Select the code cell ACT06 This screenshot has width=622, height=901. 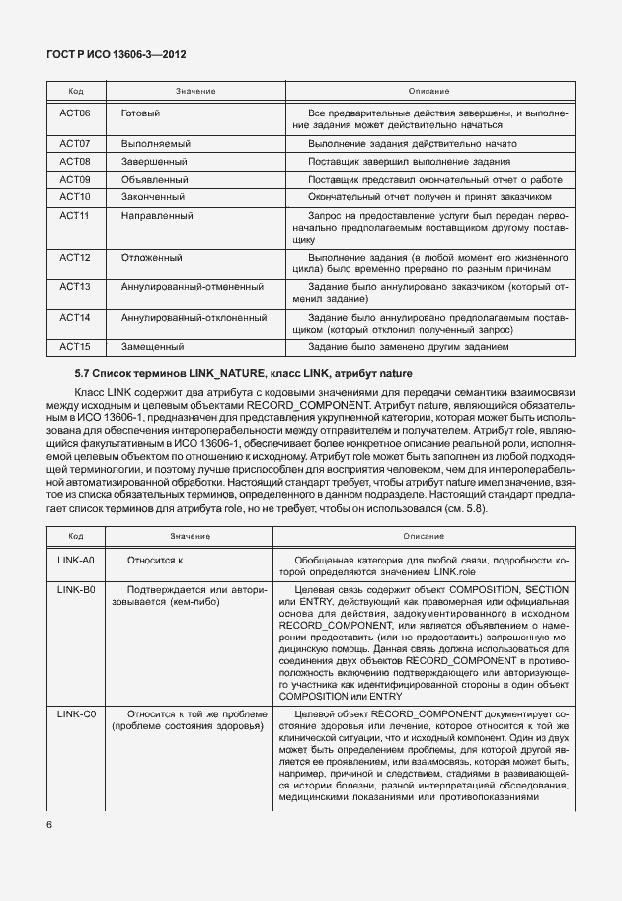[x=75, y=113]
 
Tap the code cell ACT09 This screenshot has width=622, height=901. [x=75, y=179]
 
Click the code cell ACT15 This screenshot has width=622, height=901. [x=75, y=346]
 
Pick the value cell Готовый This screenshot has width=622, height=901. [x=140, y=113]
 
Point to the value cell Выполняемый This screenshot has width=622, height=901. [x=155, y=143]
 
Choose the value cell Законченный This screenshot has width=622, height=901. [x=153, y=196]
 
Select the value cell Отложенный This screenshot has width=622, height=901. [x=151, y=257]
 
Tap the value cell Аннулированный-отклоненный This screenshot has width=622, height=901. [x=194, y=317]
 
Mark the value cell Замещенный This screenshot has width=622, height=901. [x=152, y=346]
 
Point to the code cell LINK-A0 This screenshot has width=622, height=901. [x=75, y=560]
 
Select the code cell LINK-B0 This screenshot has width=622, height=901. [x=75, y=589]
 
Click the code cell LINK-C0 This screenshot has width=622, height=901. [x=75, y=713]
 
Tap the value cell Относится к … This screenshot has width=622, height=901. [x=161, y=560]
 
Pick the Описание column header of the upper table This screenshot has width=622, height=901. [x=428, y=91]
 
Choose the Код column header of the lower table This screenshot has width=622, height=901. [x=75, y=536]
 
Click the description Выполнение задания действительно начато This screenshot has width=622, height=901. [x=412, y=143]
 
